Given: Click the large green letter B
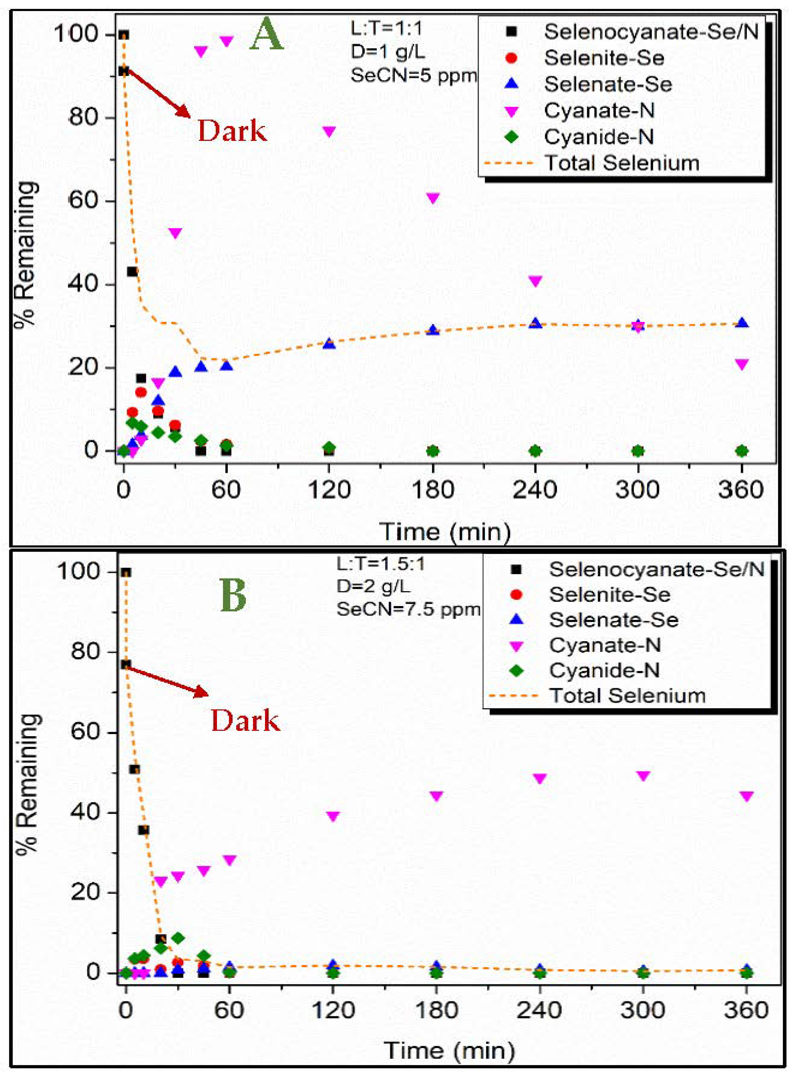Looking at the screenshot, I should (233, 595).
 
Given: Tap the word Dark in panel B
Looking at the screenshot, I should (246, 721).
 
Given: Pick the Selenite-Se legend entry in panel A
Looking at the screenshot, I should (604, 58).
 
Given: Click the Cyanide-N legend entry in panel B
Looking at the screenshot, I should (604, 670).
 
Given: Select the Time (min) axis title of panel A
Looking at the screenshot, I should (444, 532).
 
